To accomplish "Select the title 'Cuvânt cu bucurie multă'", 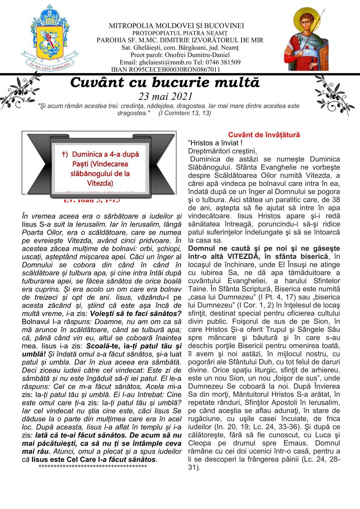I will (x=165, y=83).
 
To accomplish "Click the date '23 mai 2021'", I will (x=165, y=96).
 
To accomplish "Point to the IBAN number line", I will (x=165, y=70).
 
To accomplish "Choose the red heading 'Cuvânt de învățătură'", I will (x=264, y=135).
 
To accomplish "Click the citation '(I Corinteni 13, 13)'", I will (x=185, y=113).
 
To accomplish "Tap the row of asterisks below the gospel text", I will (x=93, y=466).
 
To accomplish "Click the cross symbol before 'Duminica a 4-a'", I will (x=64, y=154).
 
